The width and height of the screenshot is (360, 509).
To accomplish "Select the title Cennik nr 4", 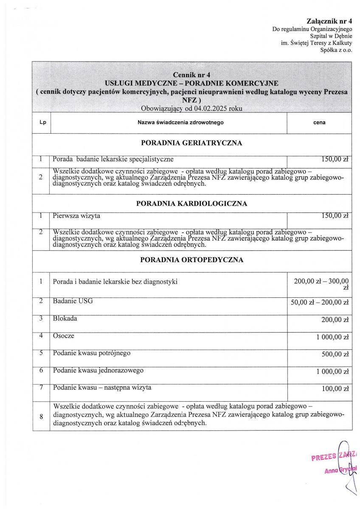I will pyautogui.click(x=191, y=74).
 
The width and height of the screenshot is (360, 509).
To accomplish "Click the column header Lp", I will pyautogui.click(x=42, y=123).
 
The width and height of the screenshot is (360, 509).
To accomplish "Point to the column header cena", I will pyautogui.click(x=319, y=123).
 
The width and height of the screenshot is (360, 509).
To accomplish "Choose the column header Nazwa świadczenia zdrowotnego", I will pyautogui.click(x=169, y=123).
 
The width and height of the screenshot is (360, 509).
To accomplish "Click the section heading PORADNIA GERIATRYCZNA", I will pyautogui.click(x=191, y=143).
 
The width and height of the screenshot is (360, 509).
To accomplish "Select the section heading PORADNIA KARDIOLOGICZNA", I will pyautogui.click(x=191, y=204).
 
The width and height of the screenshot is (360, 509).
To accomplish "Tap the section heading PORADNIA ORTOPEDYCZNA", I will pyautogui.click(x=191, y=260).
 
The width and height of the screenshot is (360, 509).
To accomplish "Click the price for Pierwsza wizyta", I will pyautogui.click(x=335, y=216).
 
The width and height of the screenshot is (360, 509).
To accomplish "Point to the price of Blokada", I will pyautogui.click(x=335, y=320).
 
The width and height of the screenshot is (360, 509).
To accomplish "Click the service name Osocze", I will pyautogui.click(x=64, y=336).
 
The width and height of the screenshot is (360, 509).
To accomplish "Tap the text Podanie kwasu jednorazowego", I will pyautogui.click(x=98, y=370).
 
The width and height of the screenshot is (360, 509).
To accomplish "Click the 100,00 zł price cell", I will pyautogui.click(x=335, y=388).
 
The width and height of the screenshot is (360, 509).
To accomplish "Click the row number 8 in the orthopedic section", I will pyautogui.click(x=42, y=417).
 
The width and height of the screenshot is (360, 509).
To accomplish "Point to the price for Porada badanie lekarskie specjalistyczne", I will pyautogui.click(x=335, y=159).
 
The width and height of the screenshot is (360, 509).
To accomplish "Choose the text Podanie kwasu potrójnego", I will pyautogui.click(x=92, y=353).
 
